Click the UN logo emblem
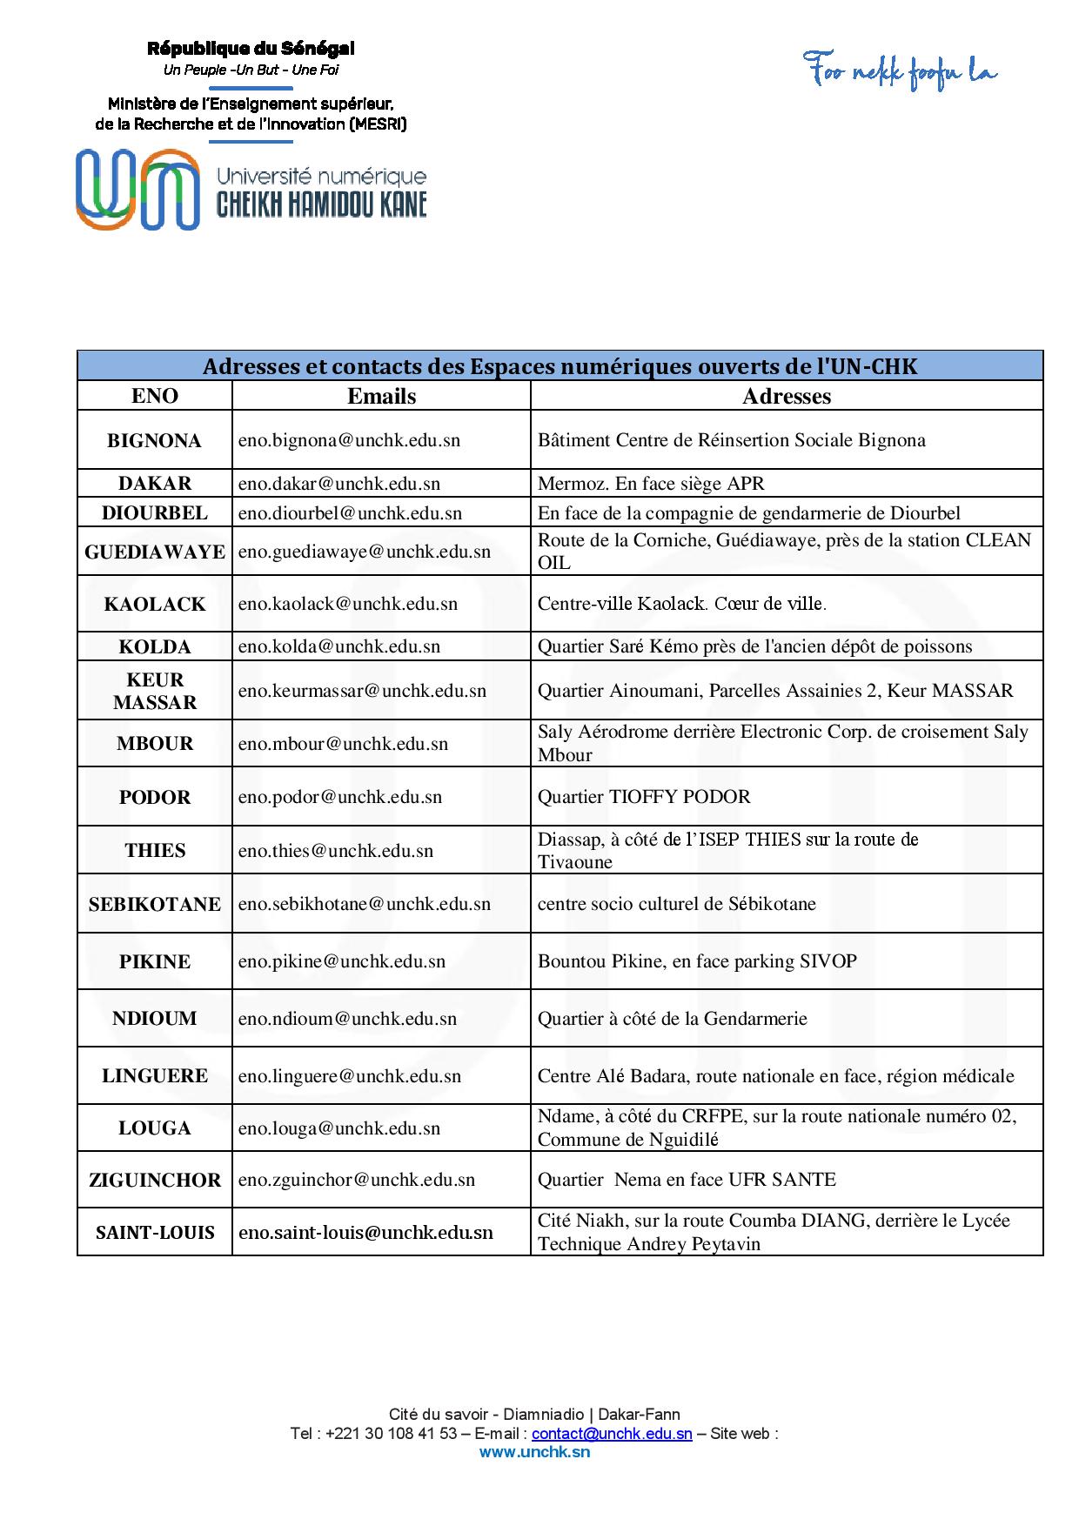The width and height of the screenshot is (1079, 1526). pos(137,190)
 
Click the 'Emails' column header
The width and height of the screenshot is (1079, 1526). pos(381,396)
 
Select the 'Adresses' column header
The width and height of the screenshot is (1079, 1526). pos(786,396)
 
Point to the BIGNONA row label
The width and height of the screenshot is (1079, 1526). pos(154,440)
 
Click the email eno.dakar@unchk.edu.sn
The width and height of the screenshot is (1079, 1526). pos(339,484)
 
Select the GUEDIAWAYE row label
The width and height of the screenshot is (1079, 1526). pos(155,552)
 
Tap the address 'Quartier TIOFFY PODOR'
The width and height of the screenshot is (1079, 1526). pos(643,797)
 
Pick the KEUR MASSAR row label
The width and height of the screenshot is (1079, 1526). pos(155,691)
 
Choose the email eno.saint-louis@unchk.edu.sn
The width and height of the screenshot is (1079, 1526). pos(365,1232)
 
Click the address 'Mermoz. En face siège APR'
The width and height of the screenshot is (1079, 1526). pos(651,484)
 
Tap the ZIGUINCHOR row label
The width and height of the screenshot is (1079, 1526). pos(155,1181)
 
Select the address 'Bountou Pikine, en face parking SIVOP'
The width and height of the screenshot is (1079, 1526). pos(697,961)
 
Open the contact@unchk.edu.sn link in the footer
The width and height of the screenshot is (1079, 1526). pos(612,1434)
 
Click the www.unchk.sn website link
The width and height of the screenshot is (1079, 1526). pos(534,1452)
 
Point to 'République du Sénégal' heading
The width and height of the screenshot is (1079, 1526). pos(251,49)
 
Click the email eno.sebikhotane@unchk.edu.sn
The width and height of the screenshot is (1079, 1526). pos(365,904)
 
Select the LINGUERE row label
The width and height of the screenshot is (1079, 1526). pos(155,1076)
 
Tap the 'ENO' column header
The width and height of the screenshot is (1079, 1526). pos(155,396)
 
